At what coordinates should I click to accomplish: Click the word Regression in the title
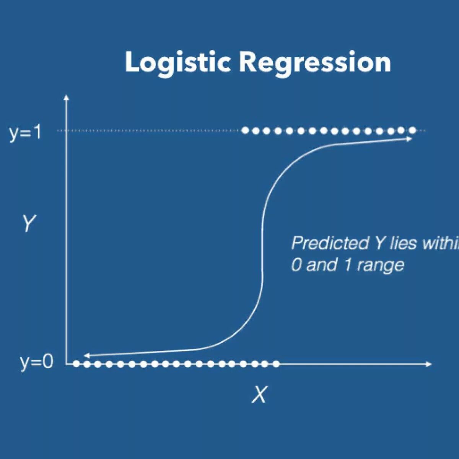(315, 62)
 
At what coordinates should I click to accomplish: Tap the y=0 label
(37, 361)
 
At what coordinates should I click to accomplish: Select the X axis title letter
(259, 394)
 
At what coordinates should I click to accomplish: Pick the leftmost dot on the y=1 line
(246, 130)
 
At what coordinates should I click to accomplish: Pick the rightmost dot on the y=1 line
(412, 130)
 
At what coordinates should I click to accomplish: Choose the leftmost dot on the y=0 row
(76, 364)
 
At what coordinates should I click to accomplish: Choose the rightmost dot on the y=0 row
(276, 364)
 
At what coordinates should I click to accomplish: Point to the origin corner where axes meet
(67, 364)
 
